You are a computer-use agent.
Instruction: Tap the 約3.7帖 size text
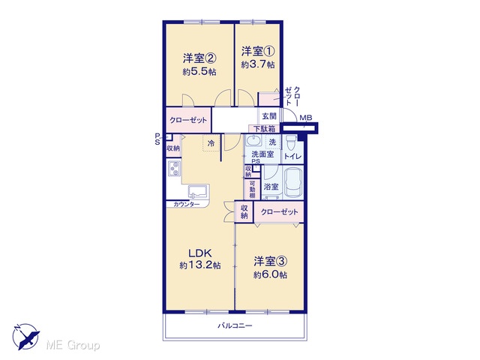click(x=258, y=65)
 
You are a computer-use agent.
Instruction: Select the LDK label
click(x=200, y=253)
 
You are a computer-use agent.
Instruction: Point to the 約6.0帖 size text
click(x=270, y=275)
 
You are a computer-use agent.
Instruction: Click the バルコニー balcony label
click(x=235, y=325)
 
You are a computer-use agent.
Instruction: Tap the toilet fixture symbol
click(x=291, y=142)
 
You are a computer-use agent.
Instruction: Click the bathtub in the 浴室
click(x=293, y=183)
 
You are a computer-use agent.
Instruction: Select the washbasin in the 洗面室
click(x=253, y=142)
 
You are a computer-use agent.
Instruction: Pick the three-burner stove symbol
click(x=174, y=169)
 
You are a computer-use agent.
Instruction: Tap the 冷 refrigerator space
click(x=211, y=143)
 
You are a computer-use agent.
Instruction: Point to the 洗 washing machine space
click(x=272, y=142)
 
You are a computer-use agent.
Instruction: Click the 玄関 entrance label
click(x=269, y=116)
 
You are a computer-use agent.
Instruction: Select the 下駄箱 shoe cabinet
click(x=264, y=128)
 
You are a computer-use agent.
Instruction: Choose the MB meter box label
click(x=306, y=118)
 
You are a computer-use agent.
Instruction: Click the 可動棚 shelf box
click(x=252, y=189)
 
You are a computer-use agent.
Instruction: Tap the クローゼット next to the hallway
click(x=188, y=120)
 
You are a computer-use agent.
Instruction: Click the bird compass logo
click(x=25, y=337)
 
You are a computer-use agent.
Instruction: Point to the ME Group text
click(x=73, y=345)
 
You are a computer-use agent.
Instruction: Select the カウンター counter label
click(x=187, y=205)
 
